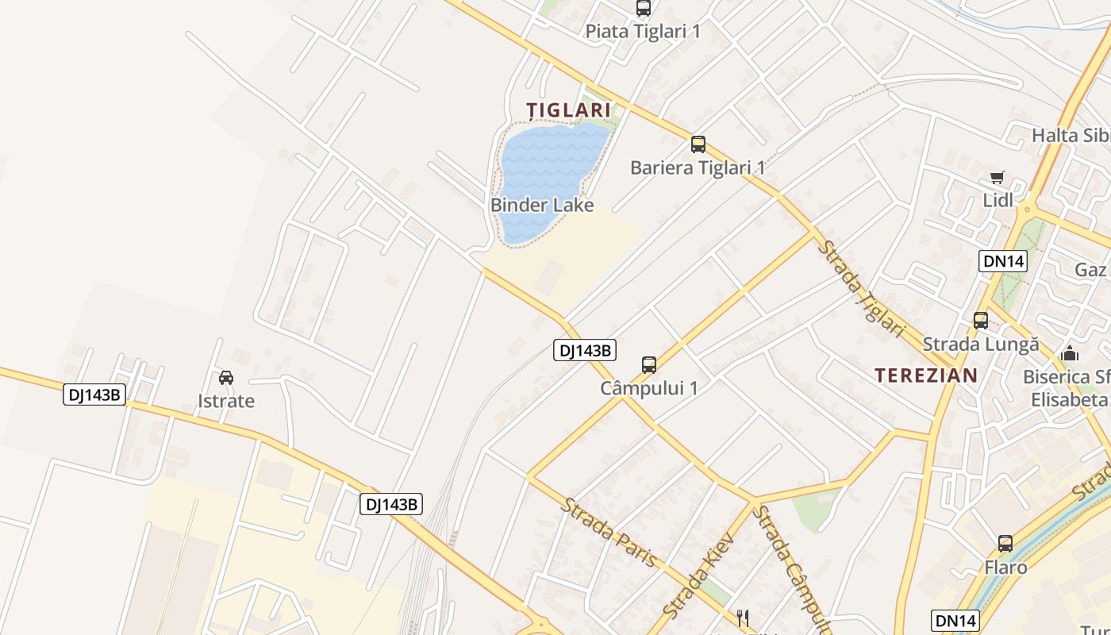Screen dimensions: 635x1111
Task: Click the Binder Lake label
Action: tap(542, 205)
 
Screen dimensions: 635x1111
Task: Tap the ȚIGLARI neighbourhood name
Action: tap(569, 110)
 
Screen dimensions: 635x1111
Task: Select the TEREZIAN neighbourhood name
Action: tap(926, 375)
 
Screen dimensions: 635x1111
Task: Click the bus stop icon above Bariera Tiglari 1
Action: tap(698, 144)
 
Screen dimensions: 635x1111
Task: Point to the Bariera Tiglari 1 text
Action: tap(698, 167)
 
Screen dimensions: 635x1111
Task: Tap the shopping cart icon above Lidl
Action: tap(998, 177)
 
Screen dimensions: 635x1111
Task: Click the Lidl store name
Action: tap(998, 200)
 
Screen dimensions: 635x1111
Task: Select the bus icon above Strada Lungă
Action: tap(981, 321)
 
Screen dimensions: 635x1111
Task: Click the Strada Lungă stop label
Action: tap(981, 344)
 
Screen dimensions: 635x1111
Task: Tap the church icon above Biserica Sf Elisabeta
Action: tap(1070, 352)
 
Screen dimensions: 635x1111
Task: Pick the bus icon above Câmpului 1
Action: tap(649, 365)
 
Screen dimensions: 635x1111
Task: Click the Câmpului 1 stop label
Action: tap(649, 388)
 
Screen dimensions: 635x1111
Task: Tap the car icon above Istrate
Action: tap(226, 377)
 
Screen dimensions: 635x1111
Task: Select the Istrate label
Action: tap(226, 401)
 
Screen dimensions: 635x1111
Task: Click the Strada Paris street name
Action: tap(610, 532)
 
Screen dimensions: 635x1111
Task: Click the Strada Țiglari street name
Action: tap(861, 289)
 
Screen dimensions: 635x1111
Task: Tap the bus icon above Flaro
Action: tap(1005, 544)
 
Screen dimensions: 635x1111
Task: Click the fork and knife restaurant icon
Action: tap(743, 618)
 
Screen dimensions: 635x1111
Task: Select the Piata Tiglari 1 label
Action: tap(644, 31)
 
